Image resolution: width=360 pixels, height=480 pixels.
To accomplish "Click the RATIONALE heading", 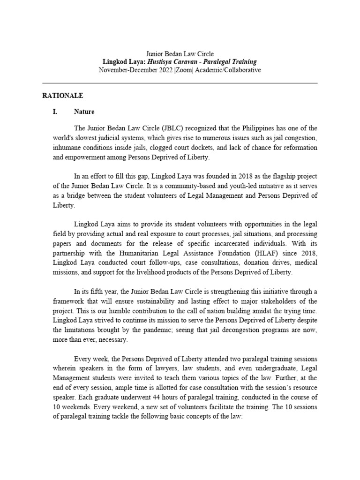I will click(x=63, y=96).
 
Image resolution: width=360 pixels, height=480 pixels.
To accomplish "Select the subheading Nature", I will click(x=84, y=112).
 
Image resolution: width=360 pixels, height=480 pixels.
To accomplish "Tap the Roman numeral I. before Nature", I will click(x=55, y=112).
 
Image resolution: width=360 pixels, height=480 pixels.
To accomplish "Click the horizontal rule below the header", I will click(x=180, y=83).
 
